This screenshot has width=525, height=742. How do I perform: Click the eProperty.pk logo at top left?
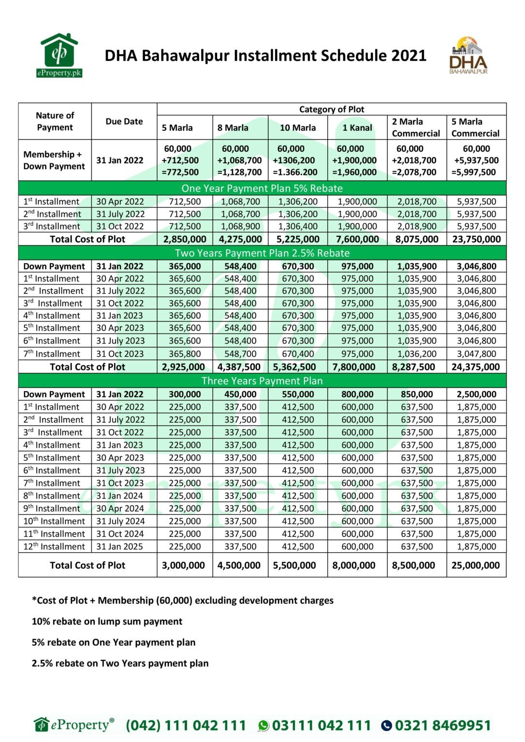coord(59,56)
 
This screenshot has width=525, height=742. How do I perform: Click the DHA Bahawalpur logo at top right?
coord(468,56)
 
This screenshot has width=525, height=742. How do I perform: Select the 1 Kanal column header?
coord(357,128)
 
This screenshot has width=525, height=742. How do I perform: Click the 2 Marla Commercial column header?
coord(416,128)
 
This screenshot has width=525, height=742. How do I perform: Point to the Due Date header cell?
coord(124,122)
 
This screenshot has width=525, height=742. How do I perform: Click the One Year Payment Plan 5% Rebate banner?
coord(262,188)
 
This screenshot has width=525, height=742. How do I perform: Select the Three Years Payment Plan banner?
coord(262,381)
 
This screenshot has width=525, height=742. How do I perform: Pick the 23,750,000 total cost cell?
coord(476,239)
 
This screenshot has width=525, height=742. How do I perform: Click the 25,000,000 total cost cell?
coord(476,565)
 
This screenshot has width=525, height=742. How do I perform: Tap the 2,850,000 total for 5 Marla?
coord(185,239)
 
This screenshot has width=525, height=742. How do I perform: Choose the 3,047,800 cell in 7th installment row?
coord(476,354)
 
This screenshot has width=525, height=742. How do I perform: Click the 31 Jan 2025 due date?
coord(119,546)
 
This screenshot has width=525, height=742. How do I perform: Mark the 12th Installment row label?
coord(54,546)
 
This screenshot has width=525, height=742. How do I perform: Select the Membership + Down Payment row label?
coord(54,160)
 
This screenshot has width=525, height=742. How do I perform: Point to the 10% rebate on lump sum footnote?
coord(107,621)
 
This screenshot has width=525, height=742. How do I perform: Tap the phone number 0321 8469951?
coord(442,725)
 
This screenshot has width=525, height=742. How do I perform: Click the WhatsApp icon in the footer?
coord(263,726)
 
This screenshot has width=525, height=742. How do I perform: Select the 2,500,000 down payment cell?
coord(476,394)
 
